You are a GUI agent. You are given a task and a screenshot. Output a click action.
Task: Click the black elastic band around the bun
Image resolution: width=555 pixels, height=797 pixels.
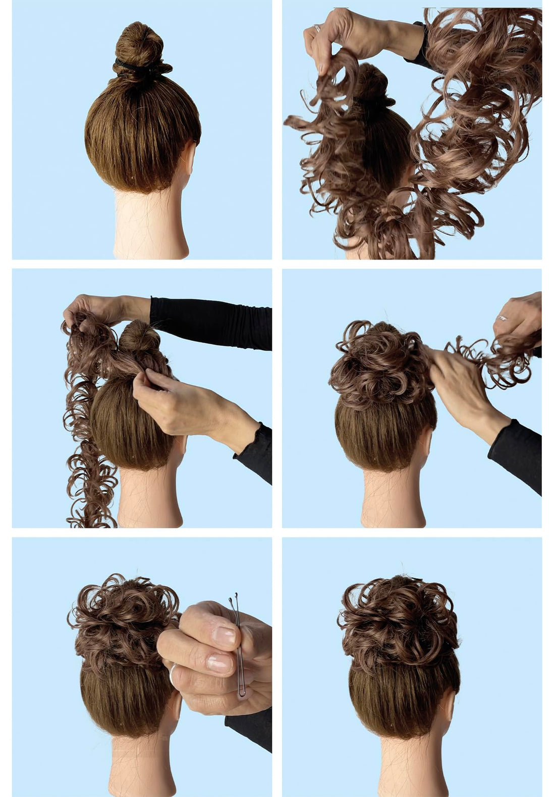coord(132,66)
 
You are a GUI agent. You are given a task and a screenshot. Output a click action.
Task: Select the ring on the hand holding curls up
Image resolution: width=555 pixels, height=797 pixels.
coord(317,28)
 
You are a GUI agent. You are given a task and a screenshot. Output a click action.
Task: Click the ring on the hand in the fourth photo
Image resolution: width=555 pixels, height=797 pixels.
coord(502,318)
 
